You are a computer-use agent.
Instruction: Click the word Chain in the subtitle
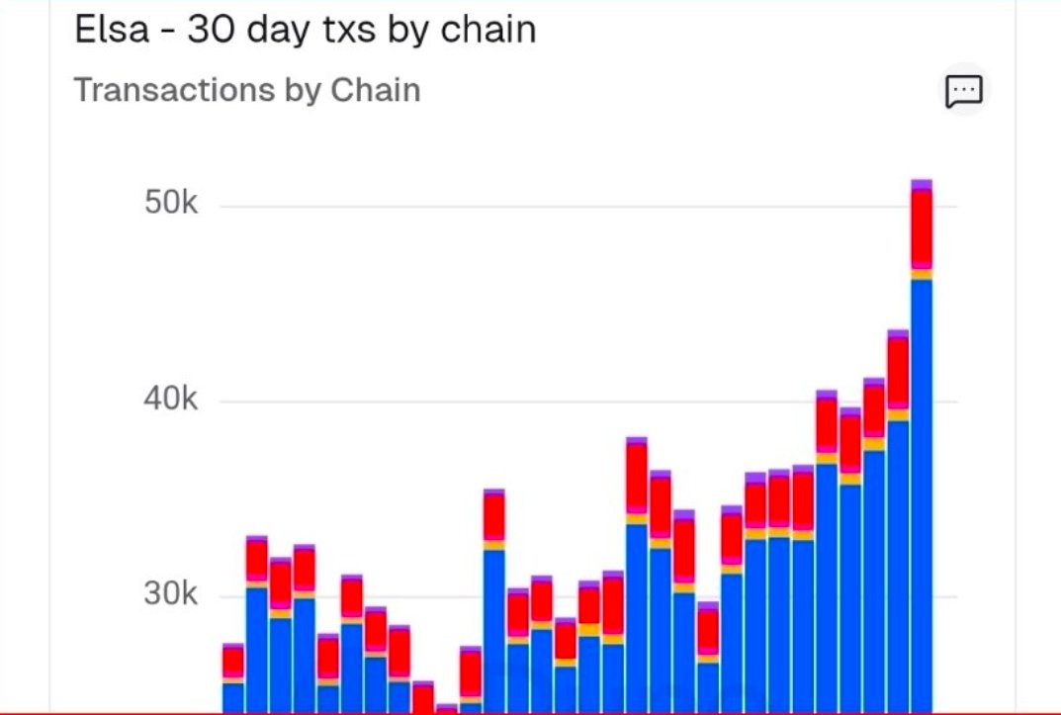click(x=375, y=90)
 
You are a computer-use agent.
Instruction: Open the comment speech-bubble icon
click(x=963, y=91)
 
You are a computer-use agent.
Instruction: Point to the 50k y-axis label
click(x=172, y=205)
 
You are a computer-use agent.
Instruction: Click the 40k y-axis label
click(x=172, y=401)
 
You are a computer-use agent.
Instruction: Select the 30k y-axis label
click(x=172, y=595)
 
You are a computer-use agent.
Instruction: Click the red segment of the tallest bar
click(x=922, y=226)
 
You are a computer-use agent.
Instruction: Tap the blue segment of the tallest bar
click(x=922, y=494)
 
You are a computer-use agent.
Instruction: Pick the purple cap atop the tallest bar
click(x=922, y=185)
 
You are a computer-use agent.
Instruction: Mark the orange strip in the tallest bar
click(x=922, y=274)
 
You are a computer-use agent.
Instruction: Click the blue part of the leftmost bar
click(x=233, y=697)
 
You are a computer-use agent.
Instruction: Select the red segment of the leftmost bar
click(x=233, y=662)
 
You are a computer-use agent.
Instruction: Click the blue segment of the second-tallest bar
click(x=898, y=564)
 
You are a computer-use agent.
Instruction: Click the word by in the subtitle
click(x=303, y=91)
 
